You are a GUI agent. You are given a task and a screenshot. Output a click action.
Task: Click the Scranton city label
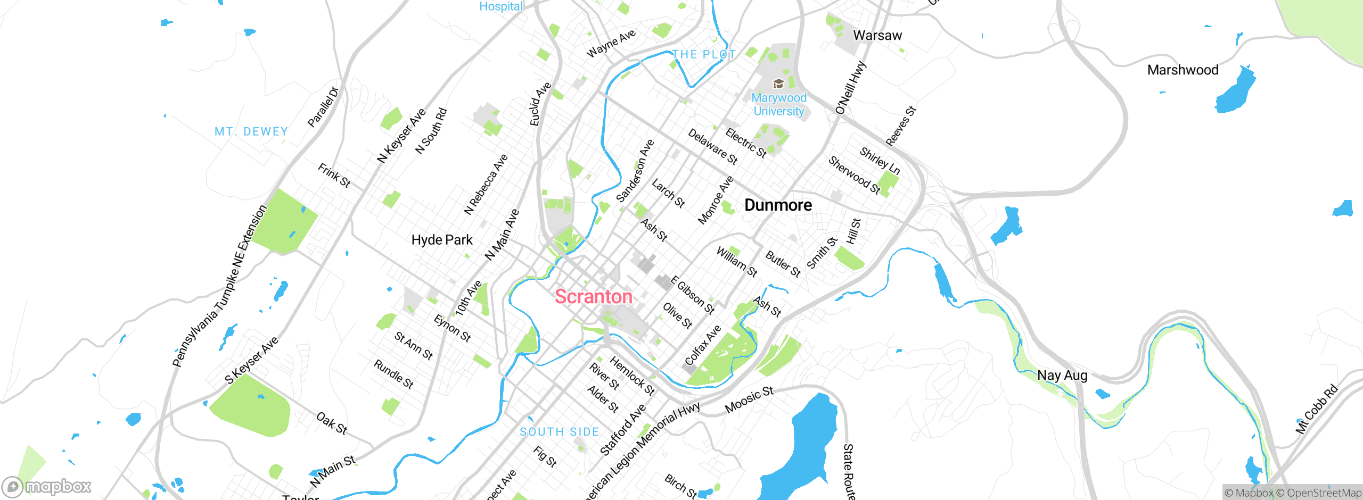click(593, 296)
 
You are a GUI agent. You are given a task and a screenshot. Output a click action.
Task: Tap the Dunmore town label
click(778, 205)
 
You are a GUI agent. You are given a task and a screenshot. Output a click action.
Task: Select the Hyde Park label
click(442, 240)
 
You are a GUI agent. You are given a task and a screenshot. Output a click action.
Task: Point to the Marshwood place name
click(1183, 70)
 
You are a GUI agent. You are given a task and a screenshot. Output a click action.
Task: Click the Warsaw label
click(877, 36)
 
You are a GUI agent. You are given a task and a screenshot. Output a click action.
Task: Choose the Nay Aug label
click(1062, 375)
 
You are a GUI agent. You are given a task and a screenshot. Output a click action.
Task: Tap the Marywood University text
click(778, 104)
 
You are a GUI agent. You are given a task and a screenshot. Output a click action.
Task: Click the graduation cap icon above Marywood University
click(778, 84)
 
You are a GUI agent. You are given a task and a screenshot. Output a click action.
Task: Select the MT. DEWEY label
click(251, 131)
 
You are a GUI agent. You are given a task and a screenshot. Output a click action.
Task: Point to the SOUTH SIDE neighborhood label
click(560, 432)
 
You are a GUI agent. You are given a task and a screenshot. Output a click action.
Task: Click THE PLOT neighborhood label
click(703, 54)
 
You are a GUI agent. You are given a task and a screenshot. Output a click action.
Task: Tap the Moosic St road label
click(749, 399)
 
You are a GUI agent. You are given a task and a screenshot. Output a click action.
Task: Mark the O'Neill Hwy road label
click(850, 88)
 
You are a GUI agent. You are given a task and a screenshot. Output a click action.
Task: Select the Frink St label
click(334, 175)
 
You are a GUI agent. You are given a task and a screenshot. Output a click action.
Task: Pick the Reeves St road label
click(900, 126)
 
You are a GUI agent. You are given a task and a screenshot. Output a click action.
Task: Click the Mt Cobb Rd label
click(1316, 409)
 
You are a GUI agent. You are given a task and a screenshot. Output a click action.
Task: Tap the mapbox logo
click(47, 487)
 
